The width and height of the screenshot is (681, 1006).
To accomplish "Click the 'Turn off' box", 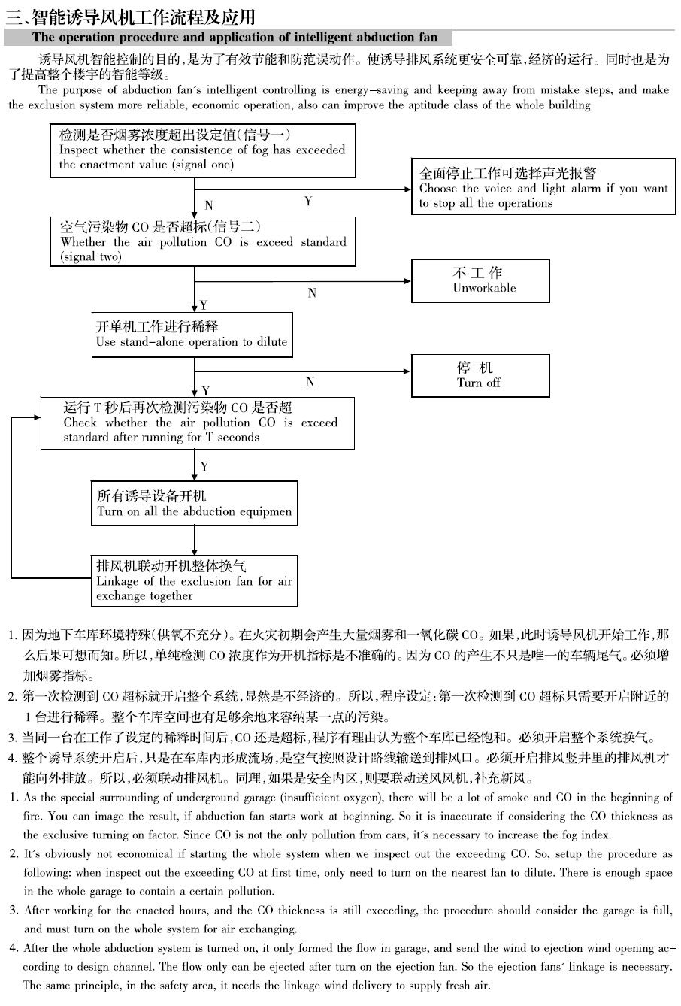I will (x=480, y=376).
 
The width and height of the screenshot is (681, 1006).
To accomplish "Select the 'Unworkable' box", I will (x=480, y=281).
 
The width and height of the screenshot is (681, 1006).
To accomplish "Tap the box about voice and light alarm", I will (x=543, y=188).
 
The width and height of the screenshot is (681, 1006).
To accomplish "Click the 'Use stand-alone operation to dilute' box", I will (x=192, y=335).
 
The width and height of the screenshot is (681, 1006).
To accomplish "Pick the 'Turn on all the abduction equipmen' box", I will (x=194, y=504).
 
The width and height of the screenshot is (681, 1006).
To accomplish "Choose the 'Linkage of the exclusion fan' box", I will (x=194, y=580).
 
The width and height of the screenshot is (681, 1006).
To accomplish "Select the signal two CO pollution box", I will (x=203, y=241).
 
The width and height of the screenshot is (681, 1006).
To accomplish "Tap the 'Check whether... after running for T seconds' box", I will (x=197, y=423).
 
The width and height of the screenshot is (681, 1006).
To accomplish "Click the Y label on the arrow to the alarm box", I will (x=308, y=202).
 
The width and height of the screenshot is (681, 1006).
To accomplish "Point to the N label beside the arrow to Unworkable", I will (x=312, y=293).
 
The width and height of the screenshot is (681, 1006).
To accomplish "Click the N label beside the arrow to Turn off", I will (x=310, y=383).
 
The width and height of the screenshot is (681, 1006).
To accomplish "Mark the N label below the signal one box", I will (x=208, y=205).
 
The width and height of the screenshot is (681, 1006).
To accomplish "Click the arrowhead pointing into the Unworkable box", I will (x=407, y=281).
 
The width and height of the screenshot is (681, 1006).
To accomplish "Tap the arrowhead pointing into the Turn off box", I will (x=407, y=371).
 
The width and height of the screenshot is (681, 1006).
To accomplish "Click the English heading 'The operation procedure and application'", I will (x=235, y=38).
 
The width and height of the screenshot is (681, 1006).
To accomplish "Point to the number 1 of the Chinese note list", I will (x=13, y=635).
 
